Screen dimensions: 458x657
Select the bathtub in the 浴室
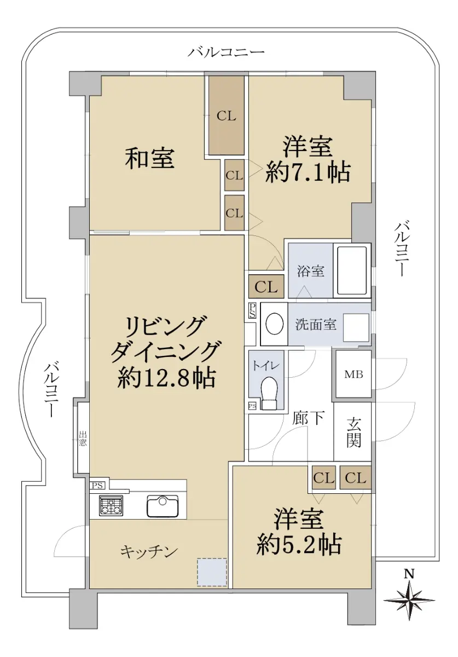point(352,270)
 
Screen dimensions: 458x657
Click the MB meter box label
point(353,374)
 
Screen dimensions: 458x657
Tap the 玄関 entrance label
point(353,432)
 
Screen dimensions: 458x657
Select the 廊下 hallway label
point(308,418)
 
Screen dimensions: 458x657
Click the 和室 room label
point(149,159)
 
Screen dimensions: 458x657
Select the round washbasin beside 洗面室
point(275,324)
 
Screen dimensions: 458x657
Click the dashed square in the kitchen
point(212,572)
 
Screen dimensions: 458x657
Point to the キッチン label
point(149,552)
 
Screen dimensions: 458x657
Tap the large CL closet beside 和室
point(227,116)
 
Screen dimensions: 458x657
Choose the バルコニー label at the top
point(226,53)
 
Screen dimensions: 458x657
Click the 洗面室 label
point(316,325)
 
